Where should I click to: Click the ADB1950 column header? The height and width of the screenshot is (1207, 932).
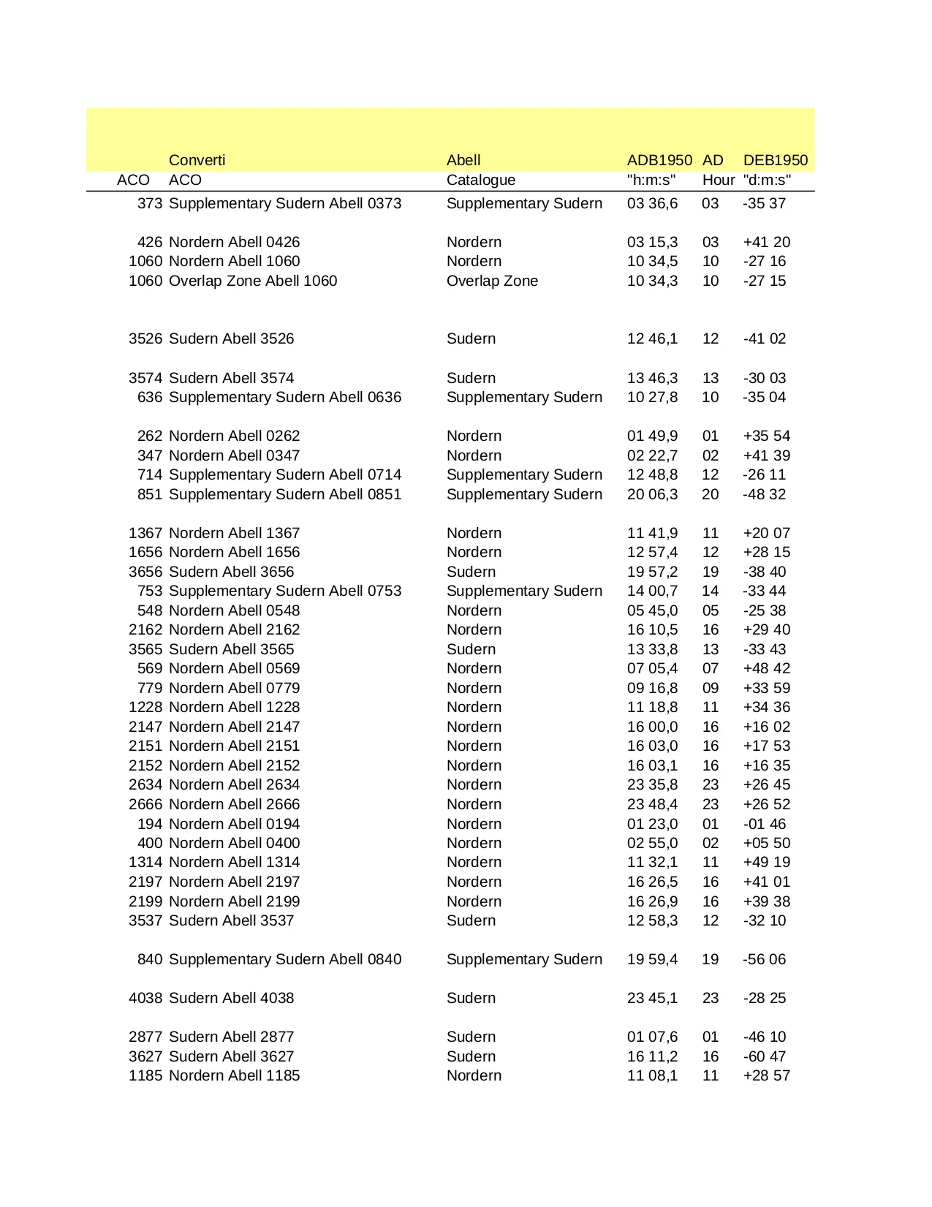pos(659,160)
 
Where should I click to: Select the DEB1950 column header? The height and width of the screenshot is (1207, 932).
pos(775,160)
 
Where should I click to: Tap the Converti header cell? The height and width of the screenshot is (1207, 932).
pos(197,160)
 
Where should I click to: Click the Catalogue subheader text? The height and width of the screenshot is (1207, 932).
pos(480,180)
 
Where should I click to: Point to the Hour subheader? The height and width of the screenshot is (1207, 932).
pos(719,180)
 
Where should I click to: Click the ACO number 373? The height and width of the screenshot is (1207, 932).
pos(150,203)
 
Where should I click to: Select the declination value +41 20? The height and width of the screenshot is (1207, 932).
pos(766,242)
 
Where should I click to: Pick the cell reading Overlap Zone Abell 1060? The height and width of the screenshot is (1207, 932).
pos(253,281)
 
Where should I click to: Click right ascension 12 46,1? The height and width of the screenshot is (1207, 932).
pos(652,338)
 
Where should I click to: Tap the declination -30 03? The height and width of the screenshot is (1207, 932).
pos(764,378)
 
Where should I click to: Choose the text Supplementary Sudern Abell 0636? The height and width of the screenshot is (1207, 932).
pos(285,397)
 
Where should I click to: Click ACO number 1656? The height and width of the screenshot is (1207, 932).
pos(145,552)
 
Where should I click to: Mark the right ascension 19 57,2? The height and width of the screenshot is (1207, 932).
pos(652,572)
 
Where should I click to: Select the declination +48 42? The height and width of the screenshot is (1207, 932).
pos(766,668)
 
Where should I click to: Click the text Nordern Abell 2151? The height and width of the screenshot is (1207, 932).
pos(234,746)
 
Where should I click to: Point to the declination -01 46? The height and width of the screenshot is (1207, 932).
pos(764,824)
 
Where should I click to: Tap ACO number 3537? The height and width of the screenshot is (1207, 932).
pos(145,920)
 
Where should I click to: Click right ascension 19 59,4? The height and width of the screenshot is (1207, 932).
pos(652,959)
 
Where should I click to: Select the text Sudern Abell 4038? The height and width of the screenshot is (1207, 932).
pos(231,998)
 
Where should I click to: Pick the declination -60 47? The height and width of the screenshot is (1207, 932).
pos(764,1056)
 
